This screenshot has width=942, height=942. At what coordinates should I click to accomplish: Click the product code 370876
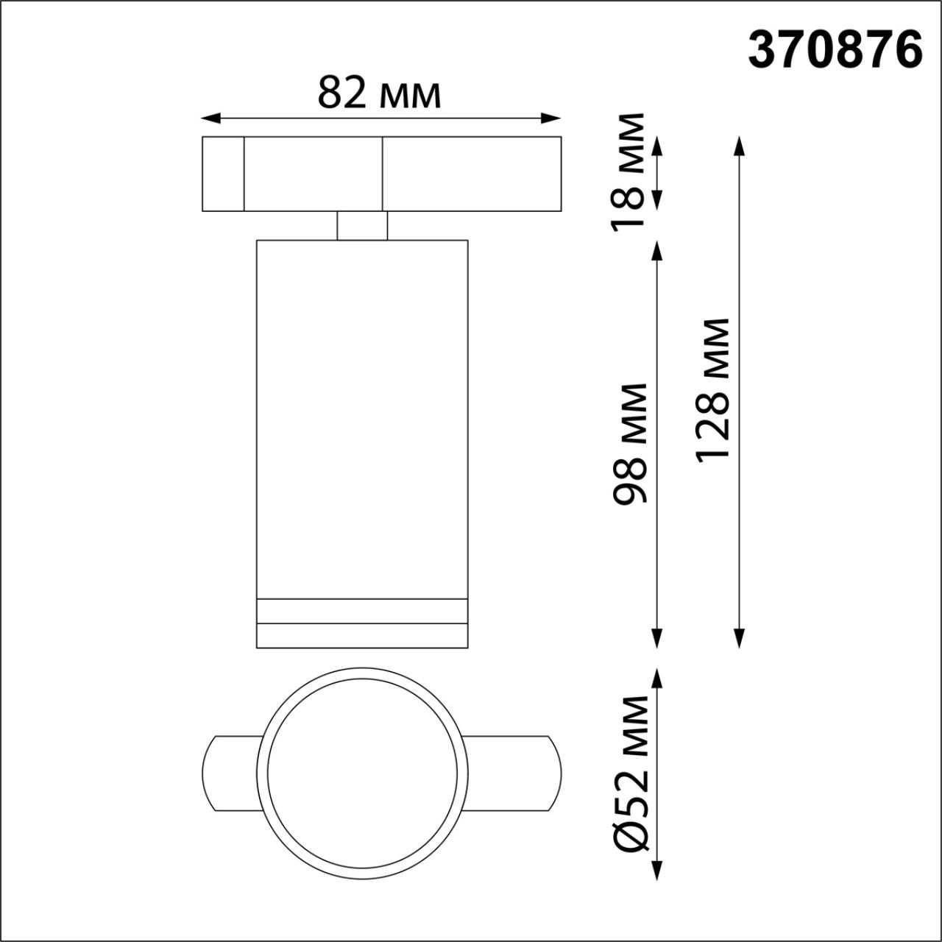tap(835, 51)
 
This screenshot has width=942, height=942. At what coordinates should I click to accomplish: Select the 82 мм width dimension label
tap(379, 93)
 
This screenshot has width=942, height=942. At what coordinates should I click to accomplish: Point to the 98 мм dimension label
tap(631, 443)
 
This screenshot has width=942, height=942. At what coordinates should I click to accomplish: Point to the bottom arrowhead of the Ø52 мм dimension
tap(657, 871)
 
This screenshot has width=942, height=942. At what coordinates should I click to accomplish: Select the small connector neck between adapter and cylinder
tap(362, 225)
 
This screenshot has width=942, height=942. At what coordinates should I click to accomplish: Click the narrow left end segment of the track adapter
tap(223, 174)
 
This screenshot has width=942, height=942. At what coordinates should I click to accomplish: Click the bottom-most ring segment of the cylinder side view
tap(362, 636)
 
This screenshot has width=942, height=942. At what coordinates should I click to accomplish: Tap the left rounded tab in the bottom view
tap(229, 773)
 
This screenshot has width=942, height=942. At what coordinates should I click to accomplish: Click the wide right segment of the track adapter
tap(471, 174)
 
